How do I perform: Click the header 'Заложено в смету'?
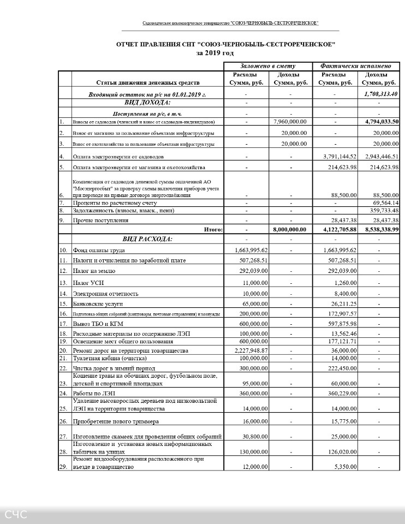(x=268, y=65)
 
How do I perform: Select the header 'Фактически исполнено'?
(x=356, y=65)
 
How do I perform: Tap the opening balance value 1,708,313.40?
(x=380, y=94)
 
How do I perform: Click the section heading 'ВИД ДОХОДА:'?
(x=147, y=102)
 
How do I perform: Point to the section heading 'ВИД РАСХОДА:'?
(x=147, y=239)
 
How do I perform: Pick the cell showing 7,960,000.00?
(x=290, y=122)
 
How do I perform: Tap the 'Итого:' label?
(x=213, y=230)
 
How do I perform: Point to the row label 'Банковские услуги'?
(x=98, y=303)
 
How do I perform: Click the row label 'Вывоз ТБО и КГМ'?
(x=100, y=324)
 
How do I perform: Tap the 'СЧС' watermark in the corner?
(x=16, y=514)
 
